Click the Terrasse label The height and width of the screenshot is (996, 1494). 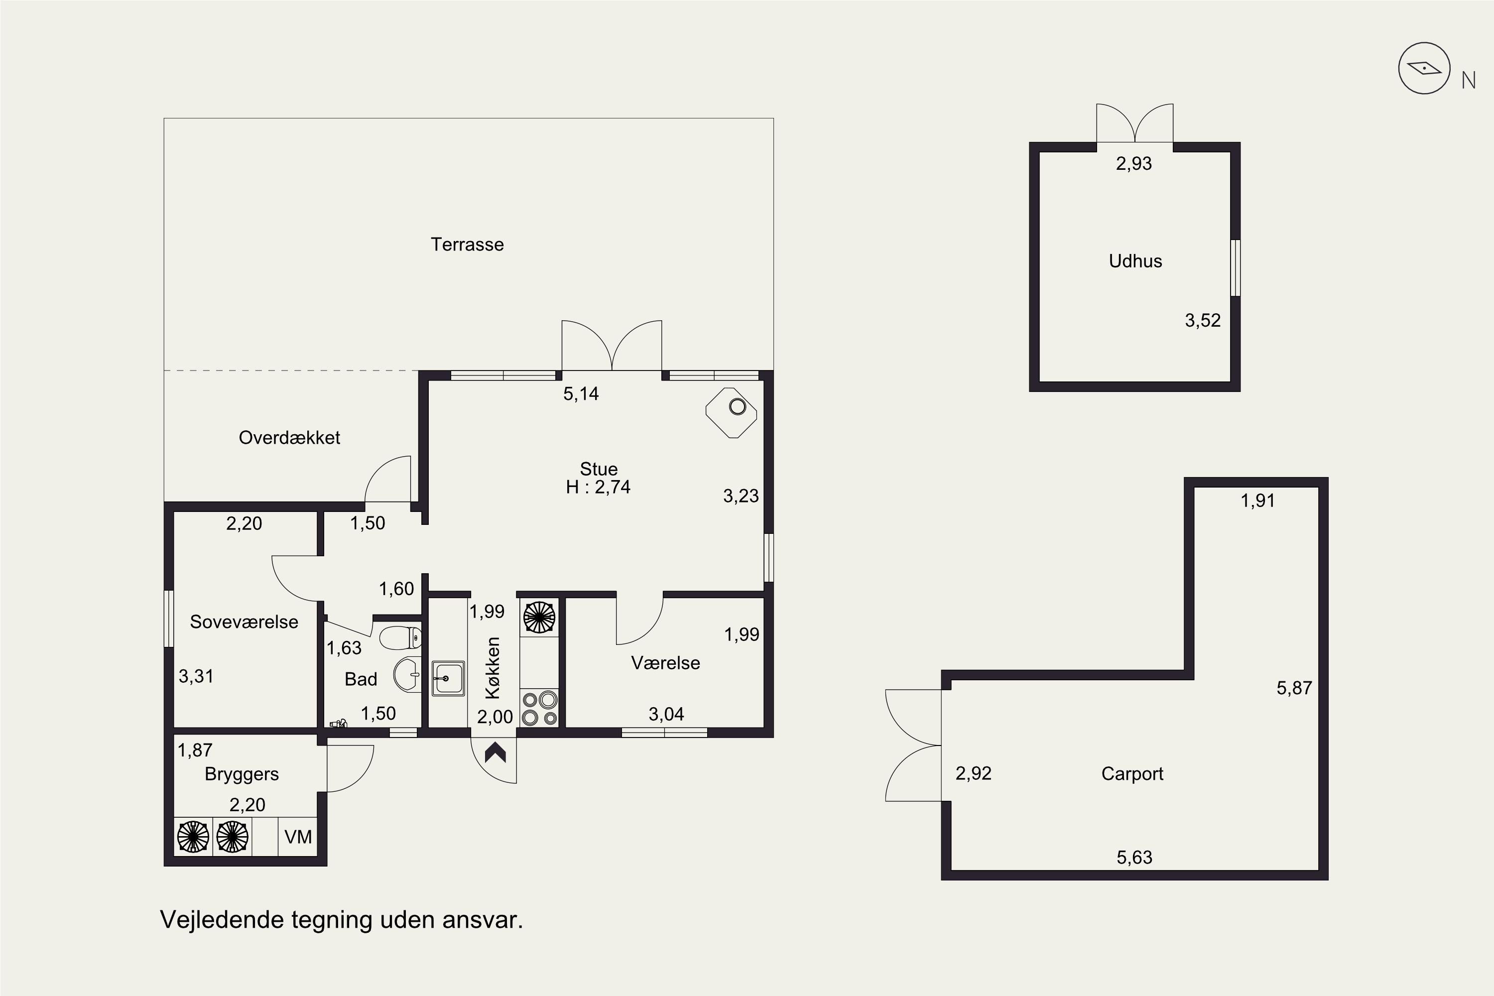pos(467,245)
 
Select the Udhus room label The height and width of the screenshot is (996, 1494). pos(1135,261)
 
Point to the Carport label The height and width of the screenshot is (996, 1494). pos(1132,774)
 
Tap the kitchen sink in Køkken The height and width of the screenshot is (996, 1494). pos(449,678)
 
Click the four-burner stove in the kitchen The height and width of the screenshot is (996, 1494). pos(539,708)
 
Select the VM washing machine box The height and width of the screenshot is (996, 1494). pos(298,837)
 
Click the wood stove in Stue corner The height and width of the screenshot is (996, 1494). pos(732,412)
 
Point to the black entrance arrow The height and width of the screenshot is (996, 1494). pos(495,752)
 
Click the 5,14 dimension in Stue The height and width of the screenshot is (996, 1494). pos(581,394)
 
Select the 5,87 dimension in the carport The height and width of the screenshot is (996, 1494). pos(1294,688)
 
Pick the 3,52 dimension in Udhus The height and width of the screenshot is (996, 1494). pos(1203,320)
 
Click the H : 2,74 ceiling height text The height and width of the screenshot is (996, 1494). pos(599,487)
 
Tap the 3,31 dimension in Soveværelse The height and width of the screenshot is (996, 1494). pos(196,676)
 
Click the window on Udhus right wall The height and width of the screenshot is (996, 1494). pos(1236,267)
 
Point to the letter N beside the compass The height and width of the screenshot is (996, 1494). pos(1468,81)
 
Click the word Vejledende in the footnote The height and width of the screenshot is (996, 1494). pos(222,920)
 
